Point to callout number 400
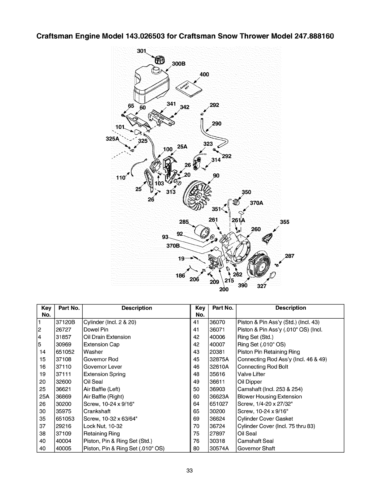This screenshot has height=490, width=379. (204, 75)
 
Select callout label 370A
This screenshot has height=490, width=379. (256, 203)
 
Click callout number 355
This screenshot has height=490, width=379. (285, 222)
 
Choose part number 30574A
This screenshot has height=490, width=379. (219, 449)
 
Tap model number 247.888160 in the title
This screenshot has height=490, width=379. (309, 36)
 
